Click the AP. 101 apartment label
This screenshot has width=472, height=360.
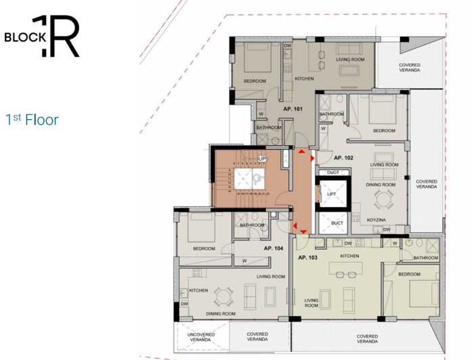(293, 108)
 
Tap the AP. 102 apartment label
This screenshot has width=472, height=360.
(343, 158)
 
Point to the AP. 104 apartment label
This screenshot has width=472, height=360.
(273, 248)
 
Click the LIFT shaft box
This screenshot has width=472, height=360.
(332, 194)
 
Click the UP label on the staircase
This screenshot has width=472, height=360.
(261, 158)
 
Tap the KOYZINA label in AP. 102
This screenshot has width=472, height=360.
(377, 221)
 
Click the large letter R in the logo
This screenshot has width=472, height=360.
(67, 37)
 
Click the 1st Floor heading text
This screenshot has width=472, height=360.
(32, 120)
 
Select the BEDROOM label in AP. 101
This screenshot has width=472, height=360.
(255, 81)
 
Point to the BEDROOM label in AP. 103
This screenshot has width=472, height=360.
(408, 274)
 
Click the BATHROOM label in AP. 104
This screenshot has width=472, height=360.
(251, 225)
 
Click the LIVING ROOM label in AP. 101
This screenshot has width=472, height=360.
(350, 60)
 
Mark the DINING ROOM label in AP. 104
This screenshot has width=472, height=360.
(221, 314)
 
